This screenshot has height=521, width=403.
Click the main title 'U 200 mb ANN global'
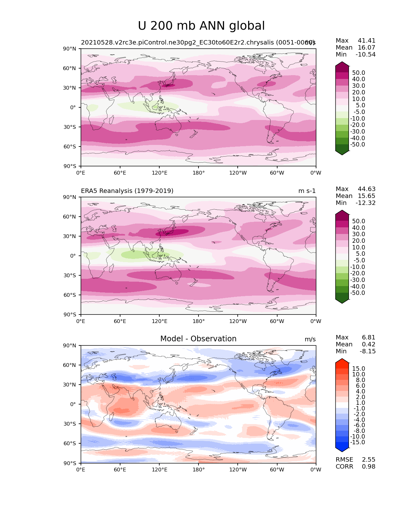(201, 26)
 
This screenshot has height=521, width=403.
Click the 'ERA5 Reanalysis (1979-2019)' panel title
(127, 191)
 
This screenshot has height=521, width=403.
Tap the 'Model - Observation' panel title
(198, 339)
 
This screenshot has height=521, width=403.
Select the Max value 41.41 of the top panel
(367, 40)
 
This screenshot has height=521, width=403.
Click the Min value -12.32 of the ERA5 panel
(366, 203)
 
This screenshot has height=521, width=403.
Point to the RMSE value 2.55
(369, 459)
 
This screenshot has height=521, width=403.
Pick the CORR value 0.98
(369, 466)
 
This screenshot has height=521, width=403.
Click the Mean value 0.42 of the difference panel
(369, 344)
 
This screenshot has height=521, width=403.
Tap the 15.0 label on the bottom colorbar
(358, 368)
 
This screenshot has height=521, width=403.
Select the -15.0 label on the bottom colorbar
(357, 442)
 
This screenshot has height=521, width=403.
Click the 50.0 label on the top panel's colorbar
(358, 73)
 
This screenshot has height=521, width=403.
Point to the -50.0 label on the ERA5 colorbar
(357, 293)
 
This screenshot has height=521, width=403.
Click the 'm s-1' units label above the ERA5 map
(307, 191)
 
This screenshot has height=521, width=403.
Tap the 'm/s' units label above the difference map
(310, 339)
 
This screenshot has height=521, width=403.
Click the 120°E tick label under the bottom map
(160, 470)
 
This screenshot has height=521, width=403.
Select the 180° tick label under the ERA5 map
(198, 321)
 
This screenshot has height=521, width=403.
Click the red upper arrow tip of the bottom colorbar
(342, 361)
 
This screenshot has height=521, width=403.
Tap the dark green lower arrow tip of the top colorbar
(342, 153)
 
